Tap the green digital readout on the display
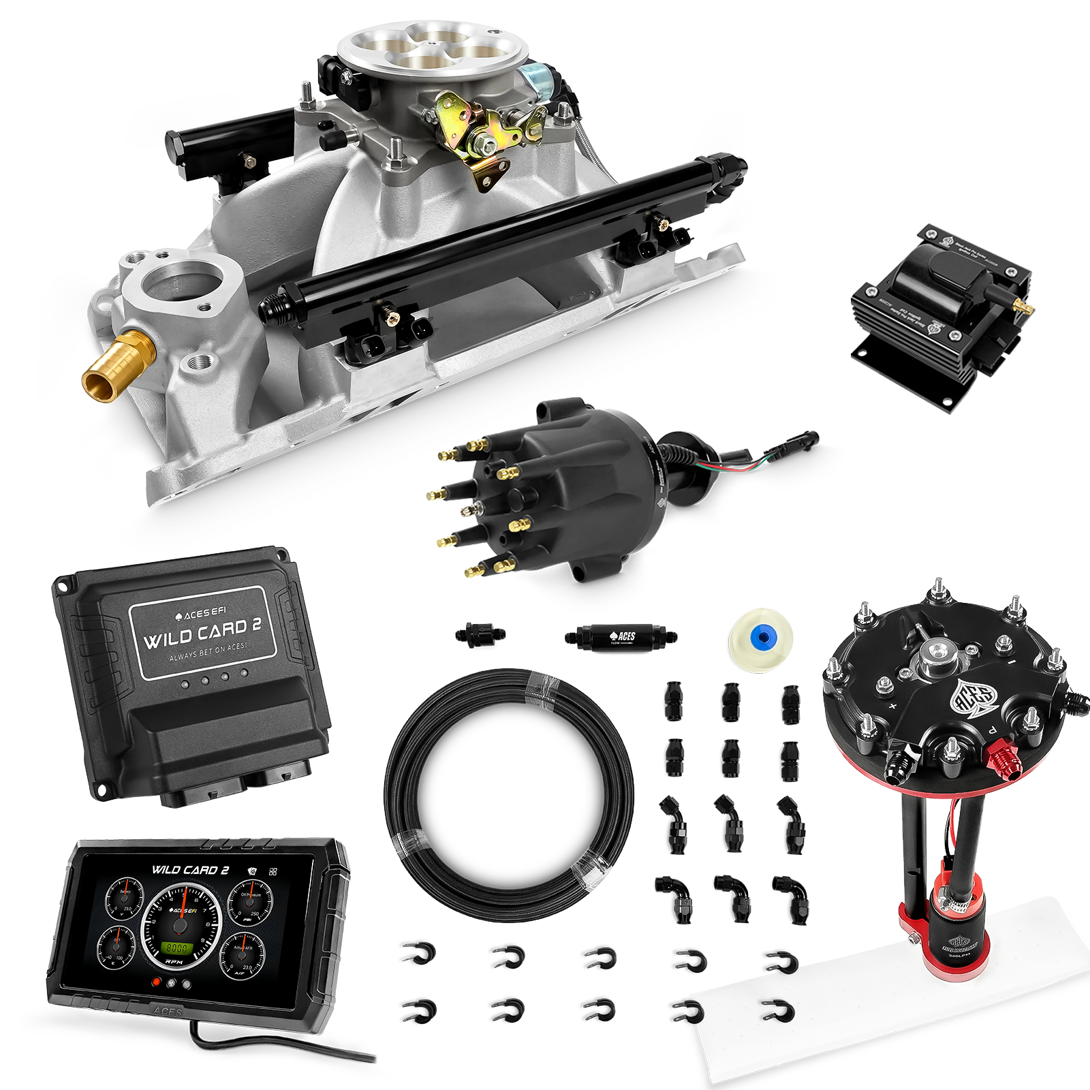tap(177, 947)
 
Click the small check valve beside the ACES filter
tap(480, 636)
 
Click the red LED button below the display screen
tap(157, 982)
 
